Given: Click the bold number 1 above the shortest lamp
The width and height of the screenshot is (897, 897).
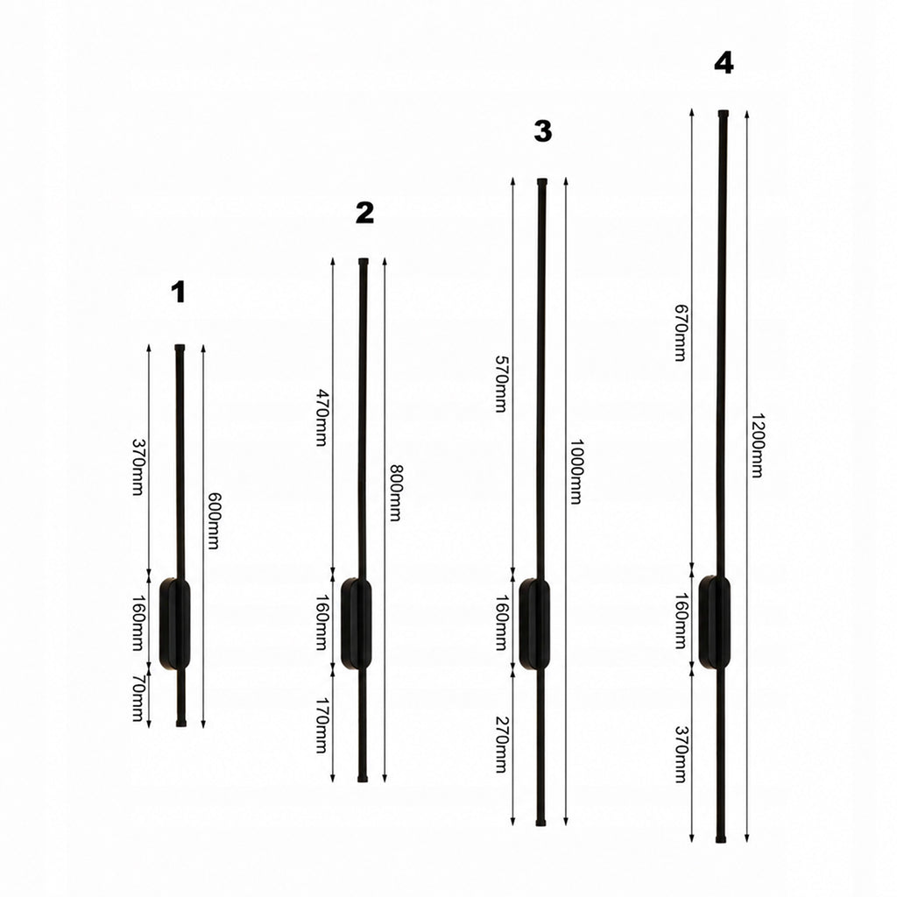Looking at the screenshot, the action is pyautogui.click(x=179, y=292).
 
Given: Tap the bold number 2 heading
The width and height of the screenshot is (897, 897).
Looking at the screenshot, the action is pyautogui.click(x=364, y=213).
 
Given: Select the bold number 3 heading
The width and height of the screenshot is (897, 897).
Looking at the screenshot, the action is pyautogui.click(x=543, y=131).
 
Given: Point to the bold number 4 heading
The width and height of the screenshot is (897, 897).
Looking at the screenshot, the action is pyautogui.click(x=724, y=63).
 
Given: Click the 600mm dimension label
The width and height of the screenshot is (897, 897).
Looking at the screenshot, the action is pyautogui.click(x=213, y=520).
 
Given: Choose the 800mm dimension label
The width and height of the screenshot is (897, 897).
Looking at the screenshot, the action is pyautogui.click(x=395, y=492).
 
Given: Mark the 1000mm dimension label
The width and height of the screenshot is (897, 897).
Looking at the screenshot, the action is pyautogui.click(x=576, y=472).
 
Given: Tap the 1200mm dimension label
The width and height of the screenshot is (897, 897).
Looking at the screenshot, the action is pyautogui.click(x=757, y=445).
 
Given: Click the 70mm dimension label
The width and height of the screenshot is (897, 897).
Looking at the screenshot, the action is pyautogui.click(x=138, y=698).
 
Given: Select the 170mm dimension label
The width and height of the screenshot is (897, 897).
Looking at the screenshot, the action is pyautogui.click(x=322, y=725).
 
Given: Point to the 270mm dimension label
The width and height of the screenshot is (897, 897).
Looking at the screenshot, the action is pyautogui.click(x=501, y=745).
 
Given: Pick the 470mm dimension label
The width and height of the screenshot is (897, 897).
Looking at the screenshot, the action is pyautogui.click(x=322, y=418).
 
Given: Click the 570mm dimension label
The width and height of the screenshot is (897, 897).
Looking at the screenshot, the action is pyautogui.click(x=501, y=384).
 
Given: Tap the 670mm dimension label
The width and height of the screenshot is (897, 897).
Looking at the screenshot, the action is pyautogui.click(x=680, y=333).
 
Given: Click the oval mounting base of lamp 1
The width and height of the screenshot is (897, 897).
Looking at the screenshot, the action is pyautogui.click(x=174, y=624).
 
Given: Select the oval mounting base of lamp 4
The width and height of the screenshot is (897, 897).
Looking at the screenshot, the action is pyautogui.click(x=715, y=621).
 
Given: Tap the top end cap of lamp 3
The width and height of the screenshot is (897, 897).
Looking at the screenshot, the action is pyautogui.click(x=542, y=182).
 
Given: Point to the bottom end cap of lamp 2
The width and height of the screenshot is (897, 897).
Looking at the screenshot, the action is pyautogui.click(x=362, y=779).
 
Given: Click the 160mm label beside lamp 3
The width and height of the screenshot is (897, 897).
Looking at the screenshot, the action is pyautogui.click(x=501, y=623).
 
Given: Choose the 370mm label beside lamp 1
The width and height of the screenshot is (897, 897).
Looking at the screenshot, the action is pyautogui.click(x=138, y=467).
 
